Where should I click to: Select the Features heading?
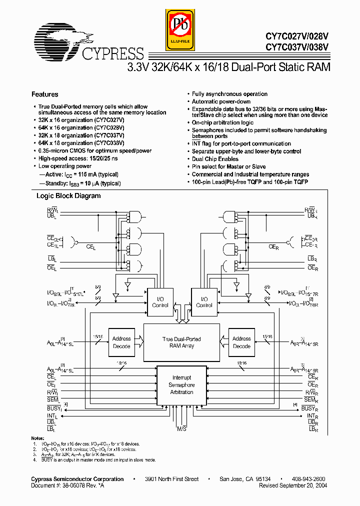45,94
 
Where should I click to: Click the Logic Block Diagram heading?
68,196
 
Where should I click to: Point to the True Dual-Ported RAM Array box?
181,342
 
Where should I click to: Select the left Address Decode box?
121,342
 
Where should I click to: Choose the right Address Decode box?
241,342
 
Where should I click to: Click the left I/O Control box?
160,302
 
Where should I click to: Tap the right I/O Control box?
204,302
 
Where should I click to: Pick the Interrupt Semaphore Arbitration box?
181,385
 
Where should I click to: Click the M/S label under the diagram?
181,429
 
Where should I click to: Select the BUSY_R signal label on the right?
308,408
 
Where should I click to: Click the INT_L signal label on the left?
52,416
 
